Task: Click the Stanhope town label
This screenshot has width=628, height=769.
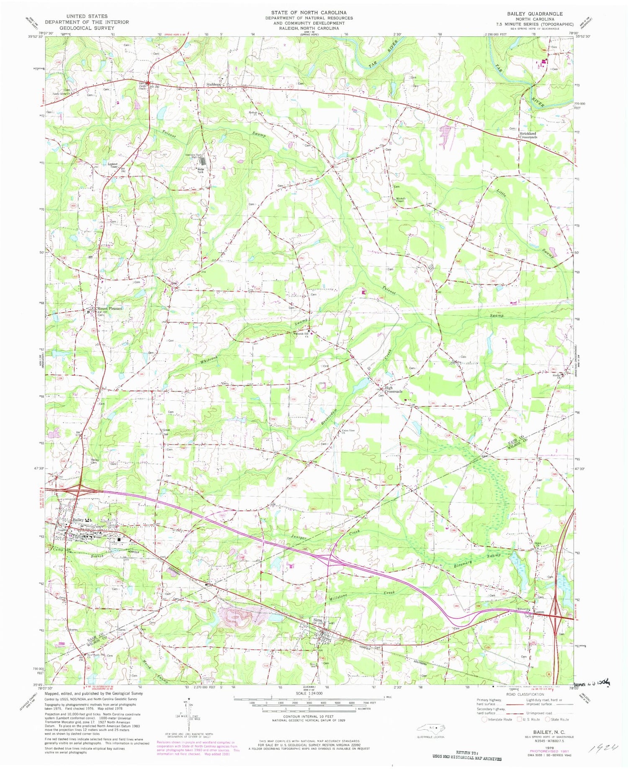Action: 213,84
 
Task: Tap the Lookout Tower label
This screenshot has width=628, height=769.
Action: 113,165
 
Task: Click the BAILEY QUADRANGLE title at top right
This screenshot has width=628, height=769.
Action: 535,14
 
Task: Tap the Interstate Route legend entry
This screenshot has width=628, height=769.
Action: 497,719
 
